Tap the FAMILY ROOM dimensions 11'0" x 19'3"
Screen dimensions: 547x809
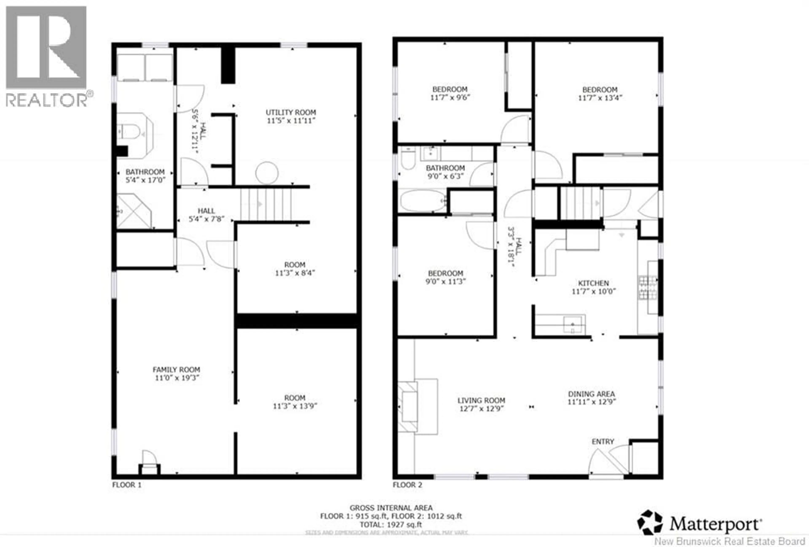(x=177, y=378)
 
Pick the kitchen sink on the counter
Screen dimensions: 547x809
(x=573, y=324)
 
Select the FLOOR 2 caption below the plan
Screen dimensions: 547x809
(x=407, y=485)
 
